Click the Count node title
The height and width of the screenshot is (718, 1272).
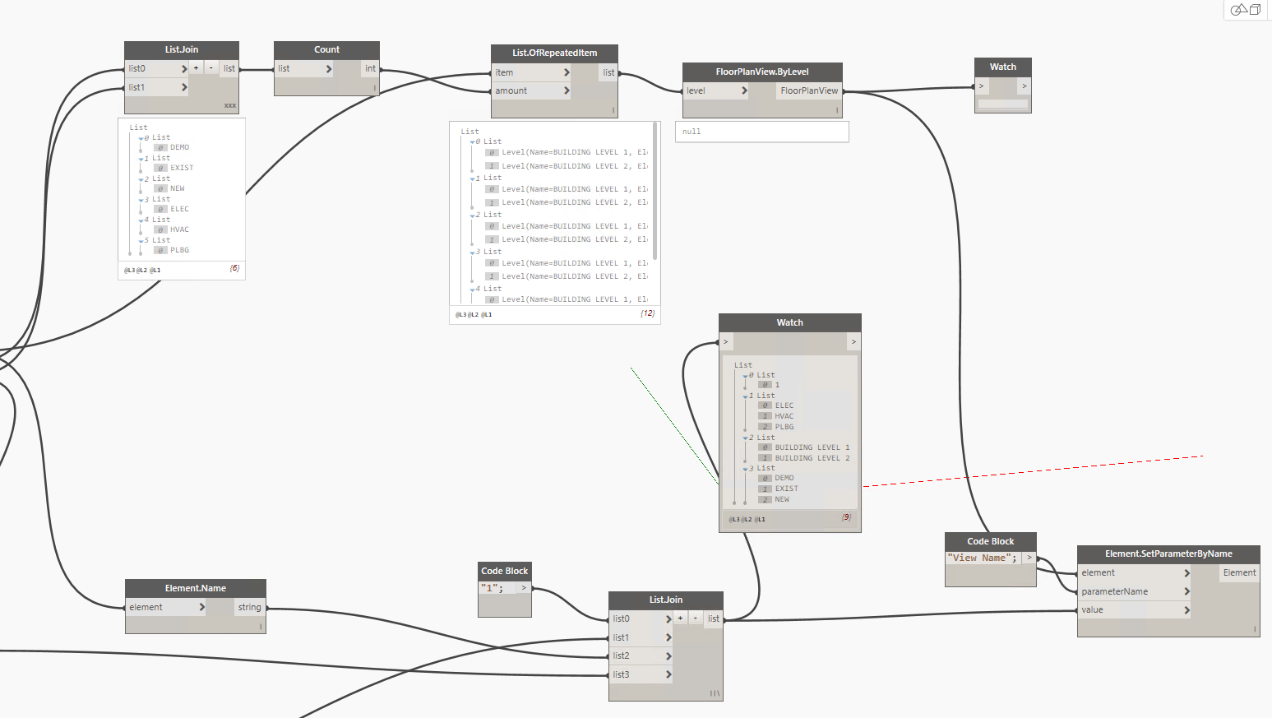click(326, 49)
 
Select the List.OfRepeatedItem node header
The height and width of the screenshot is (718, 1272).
click(554, 53)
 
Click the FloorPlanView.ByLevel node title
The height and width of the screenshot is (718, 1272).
click(761, 72)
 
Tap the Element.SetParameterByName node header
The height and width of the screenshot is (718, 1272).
click(1168, 554)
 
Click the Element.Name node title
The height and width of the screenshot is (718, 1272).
click(195, 588)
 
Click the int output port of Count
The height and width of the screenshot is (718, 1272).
click(370, 68)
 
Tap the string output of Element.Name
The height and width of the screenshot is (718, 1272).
click(249, 607)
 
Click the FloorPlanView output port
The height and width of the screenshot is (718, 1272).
click(809, 90)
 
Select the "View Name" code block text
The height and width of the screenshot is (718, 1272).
click(983, 558)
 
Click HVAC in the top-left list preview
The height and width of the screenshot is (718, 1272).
click(179, 229)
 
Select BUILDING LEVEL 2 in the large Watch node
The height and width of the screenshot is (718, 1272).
click(812, 458)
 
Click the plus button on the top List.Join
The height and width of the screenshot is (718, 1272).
click(196, 68)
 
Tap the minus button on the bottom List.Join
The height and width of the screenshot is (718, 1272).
click(696, 618)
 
